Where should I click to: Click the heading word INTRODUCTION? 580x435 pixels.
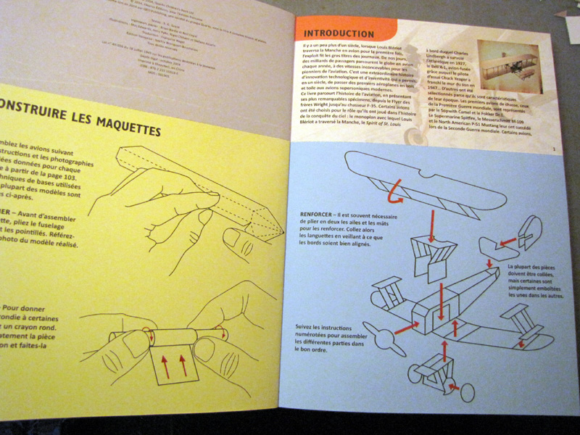click(x=339, y=33)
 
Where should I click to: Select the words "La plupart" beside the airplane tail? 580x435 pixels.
click(x=514, y=268)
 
